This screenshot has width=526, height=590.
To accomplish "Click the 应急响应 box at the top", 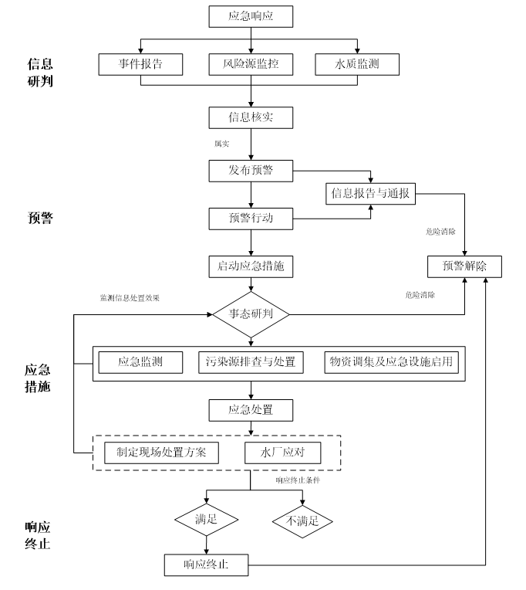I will [x=251, y=15].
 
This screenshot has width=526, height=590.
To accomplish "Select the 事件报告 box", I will [x=140, y=64].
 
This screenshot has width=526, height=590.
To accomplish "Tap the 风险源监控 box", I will [x=251, y=64].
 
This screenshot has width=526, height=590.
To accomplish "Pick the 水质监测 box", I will [x=357, y=64].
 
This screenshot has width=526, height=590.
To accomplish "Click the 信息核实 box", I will [x=251, y=117].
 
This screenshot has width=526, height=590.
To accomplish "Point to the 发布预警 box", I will [x=251, y=170].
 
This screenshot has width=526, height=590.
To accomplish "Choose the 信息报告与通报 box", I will [x=372, y=192].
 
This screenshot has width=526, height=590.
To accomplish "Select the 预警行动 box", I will [x=251, y=219].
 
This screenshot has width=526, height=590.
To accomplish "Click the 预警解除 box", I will [x=464, y=266].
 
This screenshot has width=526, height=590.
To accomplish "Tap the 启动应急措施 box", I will [x=251, y=266].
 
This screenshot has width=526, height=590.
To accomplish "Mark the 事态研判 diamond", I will [x=251, y=314].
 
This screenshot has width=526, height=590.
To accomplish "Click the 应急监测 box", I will [x=140, y=361].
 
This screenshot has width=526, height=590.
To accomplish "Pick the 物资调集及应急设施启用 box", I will [x=389, y=361].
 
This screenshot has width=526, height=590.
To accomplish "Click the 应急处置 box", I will [x=251, y=409].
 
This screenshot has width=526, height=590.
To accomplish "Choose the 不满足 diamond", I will [x=302, y=520].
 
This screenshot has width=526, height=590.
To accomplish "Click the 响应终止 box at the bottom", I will [x=207, y=565].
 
